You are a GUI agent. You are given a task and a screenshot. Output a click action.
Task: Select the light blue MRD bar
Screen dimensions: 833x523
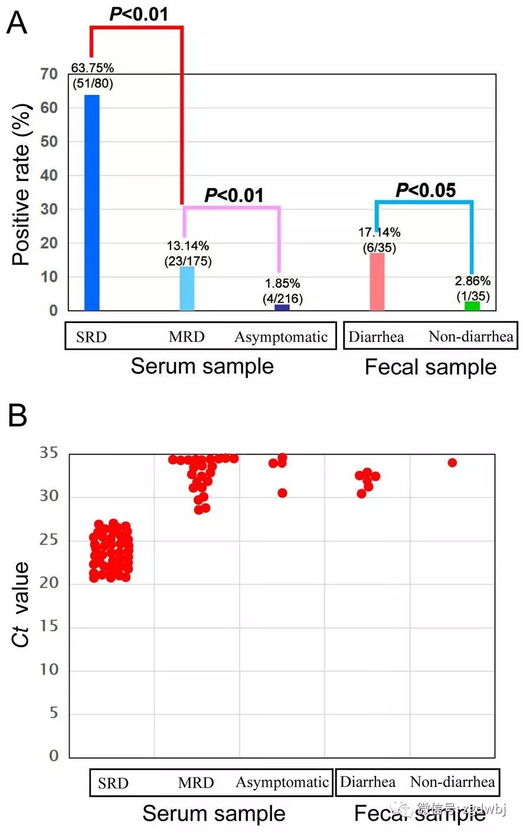[187, 288]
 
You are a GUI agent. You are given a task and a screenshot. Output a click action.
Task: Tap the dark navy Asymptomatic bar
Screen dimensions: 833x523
[282, 307]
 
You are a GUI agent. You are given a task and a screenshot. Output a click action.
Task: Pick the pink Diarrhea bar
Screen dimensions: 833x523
[377, 282]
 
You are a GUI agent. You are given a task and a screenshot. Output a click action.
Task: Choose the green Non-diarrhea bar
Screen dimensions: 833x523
[472, 305]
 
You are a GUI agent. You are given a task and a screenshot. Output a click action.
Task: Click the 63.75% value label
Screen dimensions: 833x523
[93, 68]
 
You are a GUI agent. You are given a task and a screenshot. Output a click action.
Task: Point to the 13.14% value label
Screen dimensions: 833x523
[188, 246]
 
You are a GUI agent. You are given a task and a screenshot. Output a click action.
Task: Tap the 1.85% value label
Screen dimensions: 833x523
[282, 284]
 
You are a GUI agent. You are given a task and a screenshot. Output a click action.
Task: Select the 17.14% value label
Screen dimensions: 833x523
[379, 232]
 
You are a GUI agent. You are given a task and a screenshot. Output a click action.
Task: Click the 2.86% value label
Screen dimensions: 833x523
[472, 281]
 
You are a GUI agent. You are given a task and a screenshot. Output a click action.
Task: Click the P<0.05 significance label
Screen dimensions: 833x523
[426, 190]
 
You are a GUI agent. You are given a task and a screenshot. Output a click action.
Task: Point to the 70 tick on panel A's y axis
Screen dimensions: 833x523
[49, 74]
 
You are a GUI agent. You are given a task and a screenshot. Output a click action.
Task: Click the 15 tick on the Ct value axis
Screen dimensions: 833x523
[50, 626]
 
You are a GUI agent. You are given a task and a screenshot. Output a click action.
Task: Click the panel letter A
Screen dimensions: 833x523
[17, 24]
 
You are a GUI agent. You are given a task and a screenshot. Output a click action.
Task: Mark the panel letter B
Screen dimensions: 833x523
[17, 416]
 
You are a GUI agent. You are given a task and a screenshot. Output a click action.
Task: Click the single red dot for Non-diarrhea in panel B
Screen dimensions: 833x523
[452, 463]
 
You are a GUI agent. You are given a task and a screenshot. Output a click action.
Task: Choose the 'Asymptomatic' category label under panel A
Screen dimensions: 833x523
[281, 337]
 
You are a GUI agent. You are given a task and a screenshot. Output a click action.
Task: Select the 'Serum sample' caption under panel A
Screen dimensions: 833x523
[202, 366]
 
